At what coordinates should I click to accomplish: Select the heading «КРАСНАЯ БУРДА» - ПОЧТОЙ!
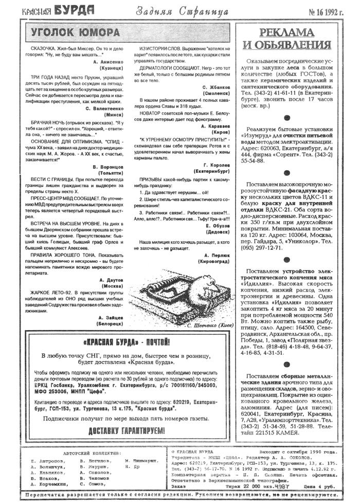(125, 342)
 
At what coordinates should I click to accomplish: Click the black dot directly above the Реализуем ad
(286, 118)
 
